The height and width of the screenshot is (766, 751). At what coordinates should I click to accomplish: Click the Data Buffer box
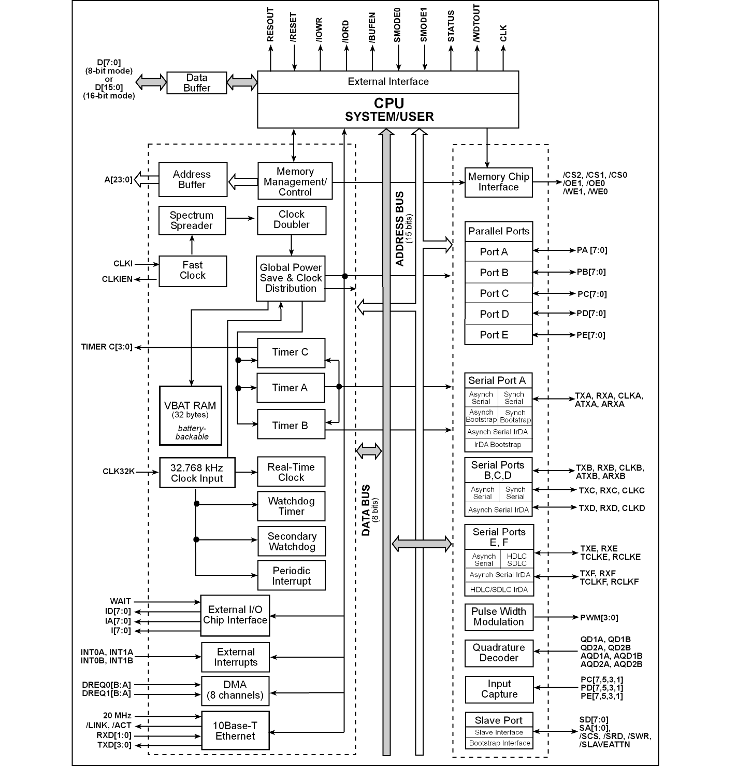tap(197, 83)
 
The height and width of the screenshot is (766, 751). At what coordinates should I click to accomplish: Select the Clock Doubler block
tap(292, 220)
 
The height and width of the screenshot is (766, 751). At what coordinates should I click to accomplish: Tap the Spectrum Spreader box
tap(192, 220)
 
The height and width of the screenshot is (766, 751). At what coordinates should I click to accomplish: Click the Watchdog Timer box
tap(292, 506)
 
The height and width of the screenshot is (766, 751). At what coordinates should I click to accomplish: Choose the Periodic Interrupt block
tap(292, 576)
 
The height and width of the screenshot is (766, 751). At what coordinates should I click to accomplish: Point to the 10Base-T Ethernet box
tap(235, 731)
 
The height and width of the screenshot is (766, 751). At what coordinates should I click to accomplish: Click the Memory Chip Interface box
tap(499, 182)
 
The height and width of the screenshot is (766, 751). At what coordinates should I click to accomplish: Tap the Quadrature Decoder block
tap(499, 652)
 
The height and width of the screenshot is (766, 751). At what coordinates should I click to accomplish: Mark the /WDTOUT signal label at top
tap(476, 24)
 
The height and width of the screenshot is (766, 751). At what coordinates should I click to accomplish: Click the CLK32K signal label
tap(119, 472)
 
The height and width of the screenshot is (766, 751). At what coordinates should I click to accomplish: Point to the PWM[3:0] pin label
tap(599, 618)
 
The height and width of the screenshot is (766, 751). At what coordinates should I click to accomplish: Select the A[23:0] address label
tap(119, 180)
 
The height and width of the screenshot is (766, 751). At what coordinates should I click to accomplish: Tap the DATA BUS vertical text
tap(366, 510)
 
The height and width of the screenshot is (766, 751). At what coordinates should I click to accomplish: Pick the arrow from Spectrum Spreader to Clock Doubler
tap(241, 218)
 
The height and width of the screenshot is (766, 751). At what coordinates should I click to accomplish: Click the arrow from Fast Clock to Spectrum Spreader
tap(192, 246)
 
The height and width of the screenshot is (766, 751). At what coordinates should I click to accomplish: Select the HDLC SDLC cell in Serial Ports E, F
tap(516, 560)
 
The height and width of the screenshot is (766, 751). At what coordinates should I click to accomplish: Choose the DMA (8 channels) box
tap(235, 690)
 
